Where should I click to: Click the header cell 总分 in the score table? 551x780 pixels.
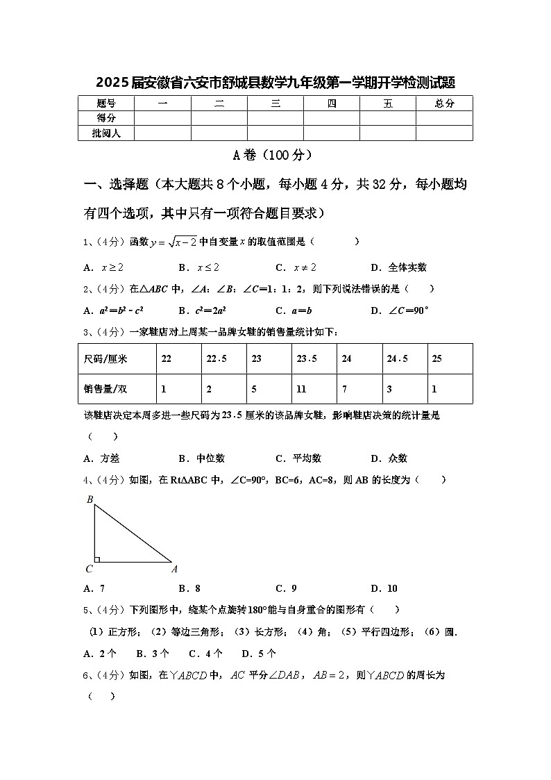[x=444, y=103]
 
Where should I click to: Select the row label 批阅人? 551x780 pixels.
[x=105, y=133]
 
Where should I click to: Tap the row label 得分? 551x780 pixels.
[x=105, y=118]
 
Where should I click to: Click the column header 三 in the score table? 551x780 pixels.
[x=275, y=103]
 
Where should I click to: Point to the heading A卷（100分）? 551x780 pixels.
[x=275, y=155]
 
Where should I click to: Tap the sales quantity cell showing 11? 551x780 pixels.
[x=301, y=389]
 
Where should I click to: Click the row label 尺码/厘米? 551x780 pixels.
[x=105, y=358]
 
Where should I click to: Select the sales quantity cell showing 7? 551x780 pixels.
[x=345, y=389]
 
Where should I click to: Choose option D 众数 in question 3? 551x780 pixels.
[x=389, y=458]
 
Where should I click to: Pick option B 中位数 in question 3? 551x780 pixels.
[x=202, y=458]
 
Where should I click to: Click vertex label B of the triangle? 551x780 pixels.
[x=90, y=499]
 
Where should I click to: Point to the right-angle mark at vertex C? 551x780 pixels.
[x=98, y=558]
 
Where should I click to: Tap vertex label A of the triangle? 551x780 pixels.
[x=174, y=569]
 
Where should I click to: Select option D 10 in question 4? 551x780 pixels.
[x=384, y=588]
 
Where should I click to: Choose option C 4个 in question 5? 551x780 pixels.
[x=205, y=654]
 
